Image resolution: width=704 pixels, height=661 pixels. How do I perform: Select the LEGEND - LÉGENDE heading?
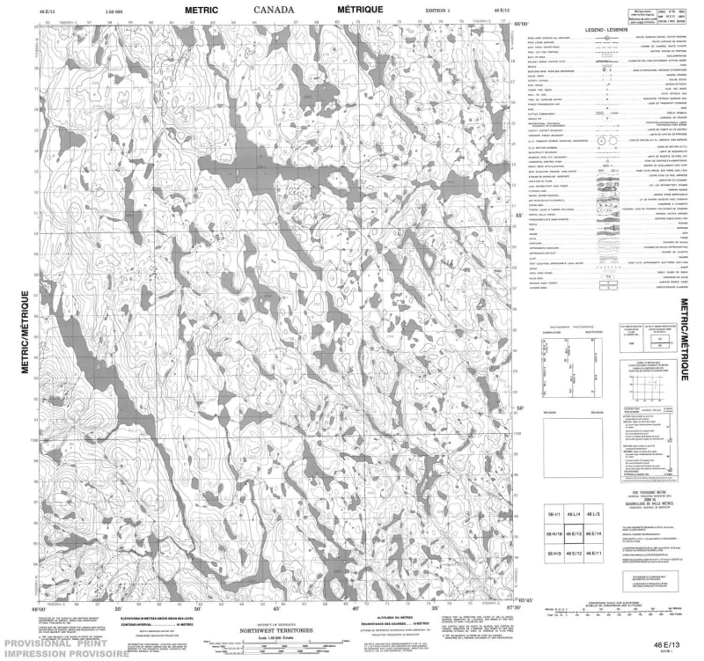click(x=610, y=29)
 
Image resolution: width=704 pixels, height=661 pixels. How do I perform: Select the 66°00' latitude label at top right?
click(x=521, y=25)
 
